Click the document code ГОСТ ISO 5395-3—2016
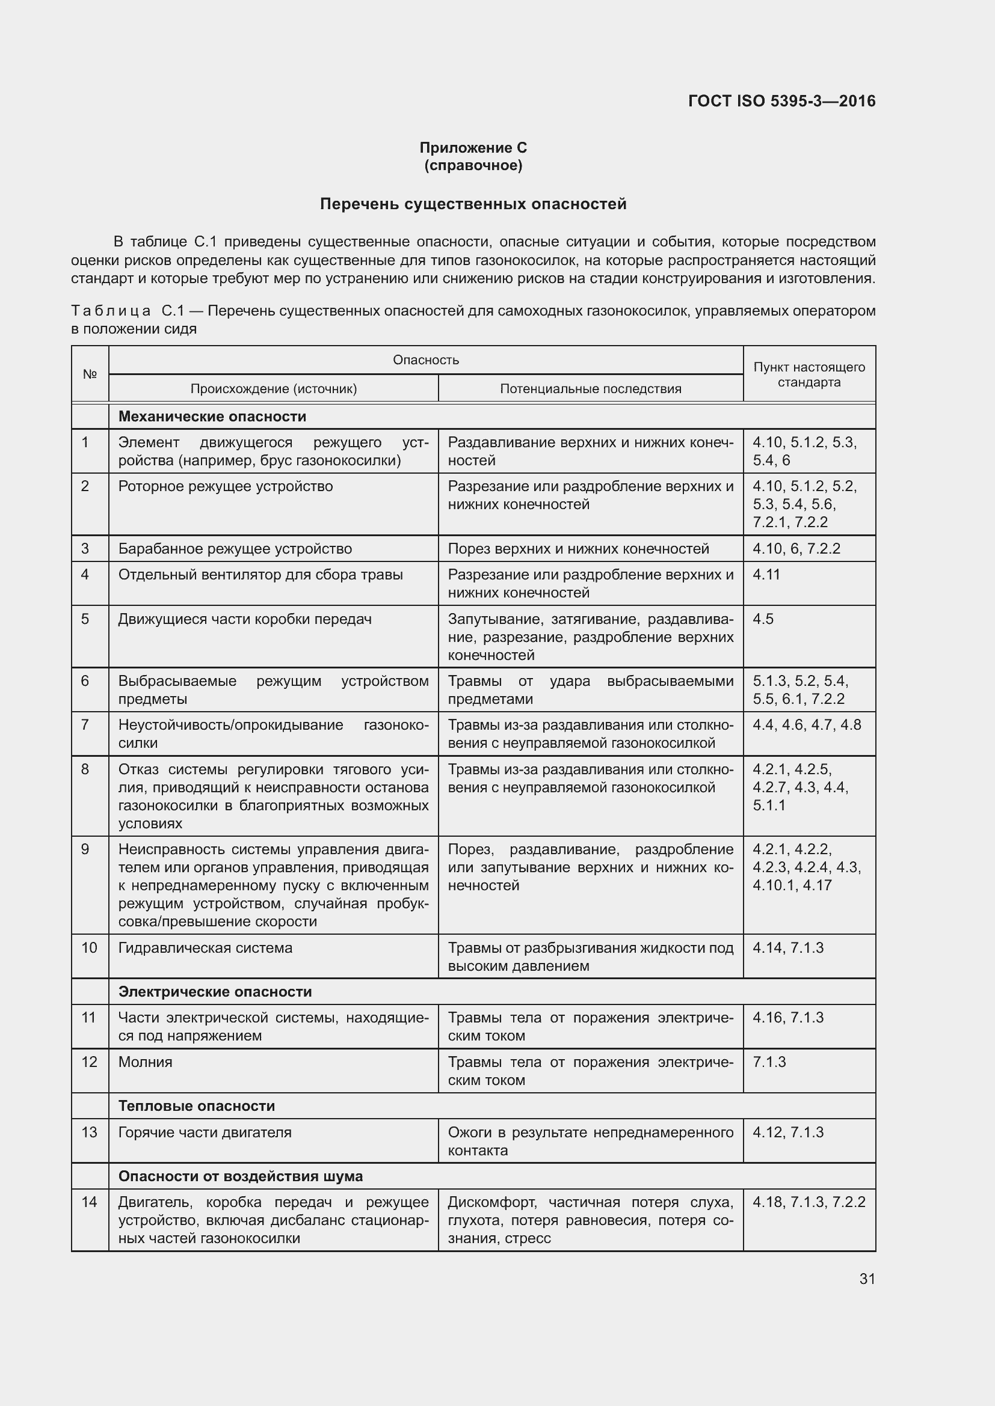(x=782, y=101)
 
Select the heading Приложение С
(x=473, y=148)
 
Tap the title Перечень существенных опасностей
(x=473, y=204)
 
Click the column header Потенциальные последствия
(x=590, y=388)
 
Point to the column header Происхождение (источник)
(x=273, y=388)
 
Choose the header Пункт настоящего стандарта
(x=809, y=374)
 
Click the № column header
(x=90, y=373)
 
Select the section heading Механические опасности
(x=212, y=417)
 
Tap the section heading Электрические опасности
(x=214, y=991)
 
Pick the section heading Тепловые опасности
(x=196, y=1105)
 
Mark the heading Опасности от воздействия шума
(x=240, y=1176)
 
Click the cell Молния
(x=145, y=1062)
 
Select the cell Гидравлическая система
(x=205, y=948)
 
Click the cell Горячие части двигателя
(x=205, y=1132)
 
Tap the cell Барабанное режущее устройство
(x=235, y=549)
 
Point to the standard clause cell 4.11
(x=766, y=575)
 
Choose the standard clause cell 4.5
(x=763, y=619)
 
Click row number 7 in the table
(x=85, y=725)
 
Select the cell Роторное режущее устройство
(x=226, y=486)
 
